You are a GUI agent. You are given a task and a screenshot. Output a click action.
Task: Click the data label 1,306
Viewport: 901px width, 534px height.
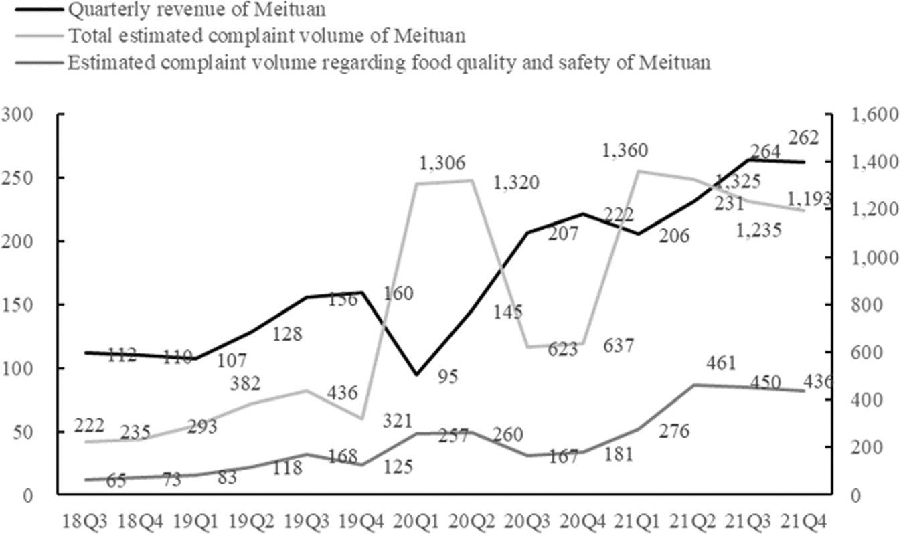click(x=443, y=163)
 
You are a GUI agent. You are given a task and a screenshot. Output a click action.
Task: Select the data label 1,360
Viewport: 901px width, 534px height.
click(x=625, y=151)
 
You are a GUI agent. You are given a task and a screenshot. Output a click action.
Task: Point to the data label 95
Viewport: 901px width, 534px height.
click(x=448, y=377)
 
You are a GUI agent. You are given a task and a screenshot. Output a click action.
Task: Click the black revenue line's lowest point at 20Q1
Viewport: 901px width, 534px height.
click(x=416, y=375)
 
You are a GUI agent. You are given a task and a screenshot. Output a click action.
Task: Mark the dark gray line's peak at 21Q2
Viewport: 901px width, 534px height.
click(x=693, y=385)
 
